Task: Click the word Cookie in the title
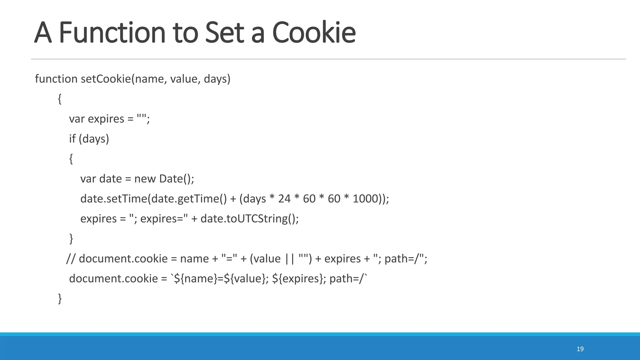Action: point(314,32)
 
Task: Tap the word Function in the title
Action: point(112,32)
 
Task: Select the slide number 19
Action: point(580,349)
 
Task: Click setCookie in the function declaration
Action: point(106,79)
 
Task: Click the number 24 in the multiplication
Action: point(284,199)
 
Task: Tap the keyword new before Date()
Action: point(145,179)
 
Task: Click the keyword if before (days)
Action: point(72,139)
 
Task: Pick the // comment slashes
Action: point(71,259)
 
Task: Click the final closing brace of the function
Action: point(60,299)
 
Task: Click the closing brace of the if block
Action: point(71,239)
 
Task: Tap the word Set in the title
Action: point(224,32)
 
